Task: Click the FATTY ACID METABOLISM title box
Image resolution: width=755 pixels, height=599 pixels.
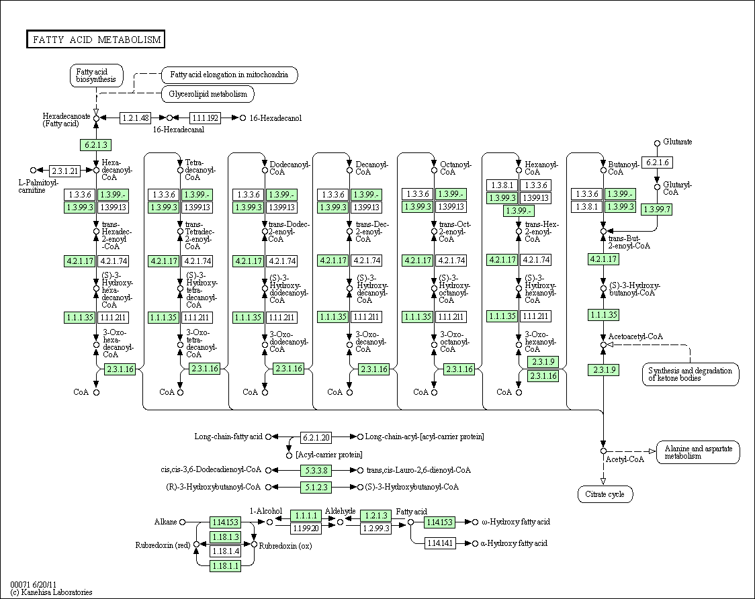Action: click(x=95, y=40)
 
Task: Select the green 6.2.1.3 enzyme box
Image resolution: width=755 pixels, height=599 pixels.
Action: click(x=96, y=145)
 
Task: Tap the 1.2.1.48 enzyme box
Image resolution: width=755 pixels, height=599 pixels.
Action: click(x=135, y=118)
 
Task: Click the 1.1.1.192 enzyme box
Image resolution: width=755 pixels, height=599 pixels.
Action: click(x=205, y=118)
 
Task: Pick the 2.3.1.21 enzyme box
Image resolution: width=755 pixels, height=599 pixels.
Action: click(x=65, y=171)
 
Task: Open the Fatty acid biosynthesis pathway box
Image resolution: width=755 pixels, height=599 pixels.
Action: click(x=96, y=76)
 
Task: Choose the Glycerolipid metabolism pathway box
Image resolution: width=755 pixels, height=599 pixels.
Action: click(x=208, y=94)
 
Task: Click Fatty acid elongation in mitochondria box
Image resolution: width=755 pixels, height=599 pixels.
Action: click(x=229, y=75)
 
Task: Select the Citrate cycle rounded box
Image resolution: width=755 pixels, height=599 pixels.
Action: click(x=605, y=494)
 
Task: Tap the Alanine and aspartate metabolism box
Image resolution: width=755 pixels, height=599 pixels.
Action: click(x=698, y=452)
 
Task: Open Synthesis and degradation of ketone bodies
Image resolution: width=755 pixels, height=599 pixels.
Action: click(x=691, y=374)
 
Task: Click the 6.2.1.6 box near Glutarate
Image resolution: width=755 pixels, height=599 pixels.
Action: click(x=657, y=163)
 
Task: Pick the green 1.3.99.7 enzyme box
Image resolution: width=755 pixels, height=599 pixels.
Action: click(x=657, y=210)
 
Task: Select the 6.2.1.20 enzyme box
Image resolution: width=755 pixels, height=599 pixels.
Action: click(x=316, y=438)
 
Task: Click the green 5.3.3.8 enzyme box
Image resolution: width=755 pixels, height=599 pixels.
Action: click(x=316, y=471)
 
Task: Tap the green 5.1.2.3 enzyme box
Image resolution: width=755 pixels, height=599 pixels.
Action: click(x=316, y=488)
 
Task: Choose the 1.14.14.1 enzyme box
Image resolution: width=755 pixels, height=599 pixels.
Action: click(x=440, y=544)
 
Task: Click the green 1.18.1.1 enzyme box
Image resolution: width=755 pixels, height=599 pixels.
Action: click(x=225, y=566)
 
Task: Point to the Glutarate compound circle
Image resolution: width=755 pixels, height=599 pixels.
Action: click(x=657, y=143)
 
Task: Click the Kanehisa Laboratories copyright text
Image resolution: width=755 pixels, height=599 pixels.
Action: click(x=51, y=592)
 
